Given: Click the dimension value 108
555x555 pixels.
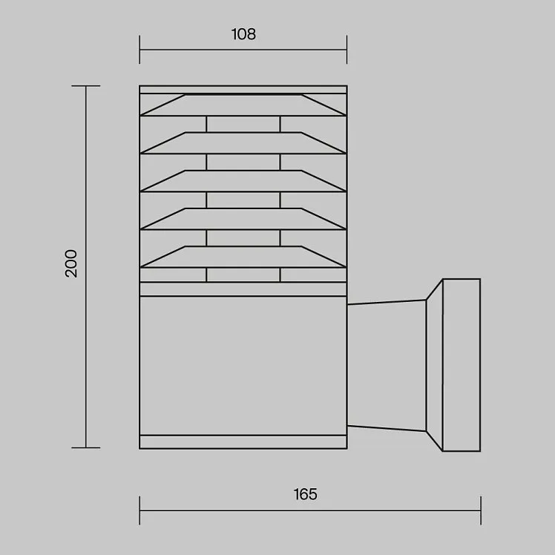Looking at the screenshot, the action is point(243,34).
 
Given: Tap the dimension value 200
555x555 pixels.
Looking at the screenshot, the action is point(71,263).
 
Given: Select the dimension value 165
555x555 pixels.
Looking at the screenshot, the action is point(306,494).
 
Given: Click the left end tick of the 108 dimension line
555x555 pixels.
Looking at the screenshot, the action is point(139,50).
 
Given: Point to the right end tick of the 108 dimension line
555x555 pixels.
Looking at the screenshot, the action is point(347,50).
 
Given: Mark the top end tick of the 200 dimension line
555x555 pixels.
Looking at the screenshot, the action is point(86,85).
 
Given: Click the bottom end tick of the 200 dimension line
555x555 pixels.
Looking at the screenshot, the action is point(86,447).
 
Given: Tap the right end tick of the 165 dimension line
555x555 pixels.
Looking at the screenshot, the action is point(481,510).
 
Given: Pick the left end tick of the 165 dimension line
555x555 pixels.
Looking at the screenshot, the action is point(139,510).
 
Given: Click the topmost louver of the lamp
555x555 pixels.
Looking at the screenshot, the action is point(243,105).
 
